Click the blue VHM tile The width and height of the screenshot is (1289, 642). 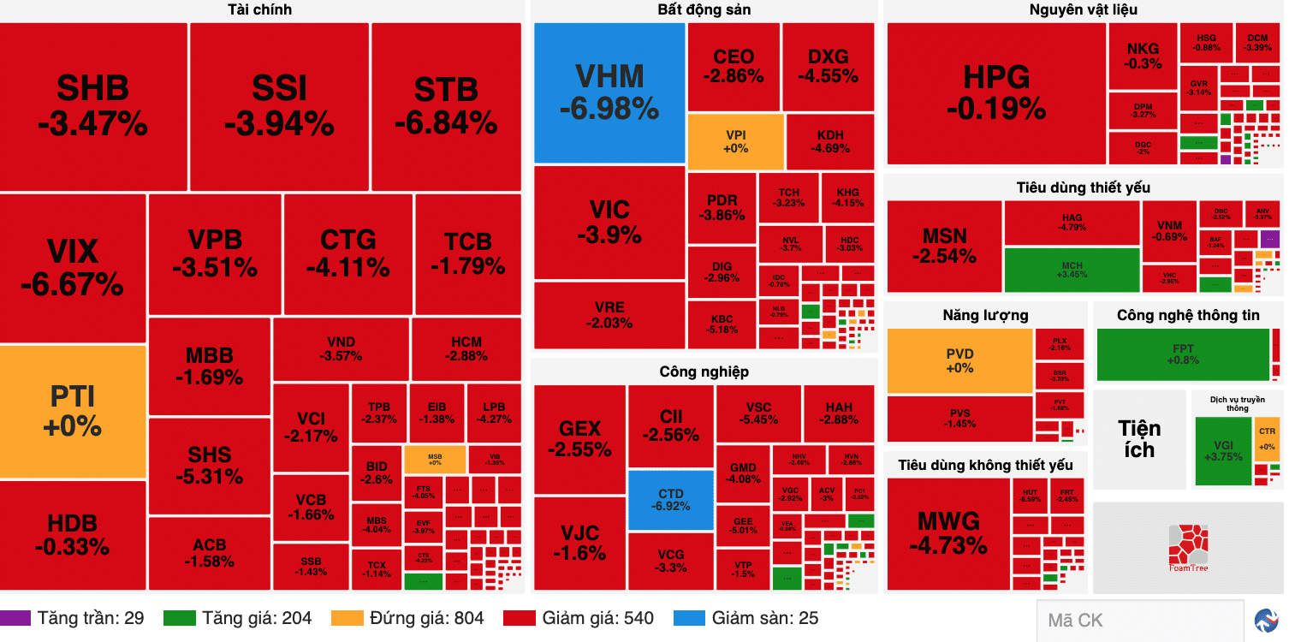[609, 92]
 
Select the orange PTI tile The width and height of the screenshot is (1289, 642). [73, 411]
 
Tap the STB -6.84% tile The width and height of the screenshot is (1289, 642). [446, 106]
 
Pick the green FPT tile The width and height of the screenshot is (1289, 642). [1183, 354]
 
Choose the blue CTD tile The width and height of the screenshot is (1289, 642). [670, 500]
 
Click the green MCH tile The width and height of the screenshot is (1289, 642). [1072, 270]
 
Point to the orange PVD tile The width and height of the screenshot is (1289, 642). [959, 360]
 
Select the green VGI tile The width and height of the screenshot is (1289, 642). [1222, 450]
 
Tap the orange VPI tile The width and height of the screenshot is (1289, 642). [735, 141]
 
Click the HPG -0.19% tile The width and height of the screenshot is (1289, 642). [996, 92]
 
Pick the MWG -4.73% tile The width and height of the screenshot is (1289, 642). [947, 532]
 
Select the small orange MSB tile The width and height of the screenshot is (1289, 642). [435, 459]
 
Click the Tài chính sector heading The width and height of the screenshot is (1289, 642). [259, 10]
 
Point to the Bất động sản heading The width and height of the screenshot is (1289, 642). [704, 10]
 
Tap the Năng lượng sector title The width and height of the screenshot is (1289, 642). [985, 315]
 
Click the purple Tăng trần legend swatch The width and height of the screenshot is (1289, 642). [15, 618]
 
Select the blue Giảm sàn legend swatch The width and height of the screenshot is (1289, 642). [689, 618]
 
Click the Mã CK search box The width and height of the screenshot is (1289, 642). [1138, 621]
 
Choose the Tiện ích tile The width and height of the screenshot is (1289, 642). [1139, 438]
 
